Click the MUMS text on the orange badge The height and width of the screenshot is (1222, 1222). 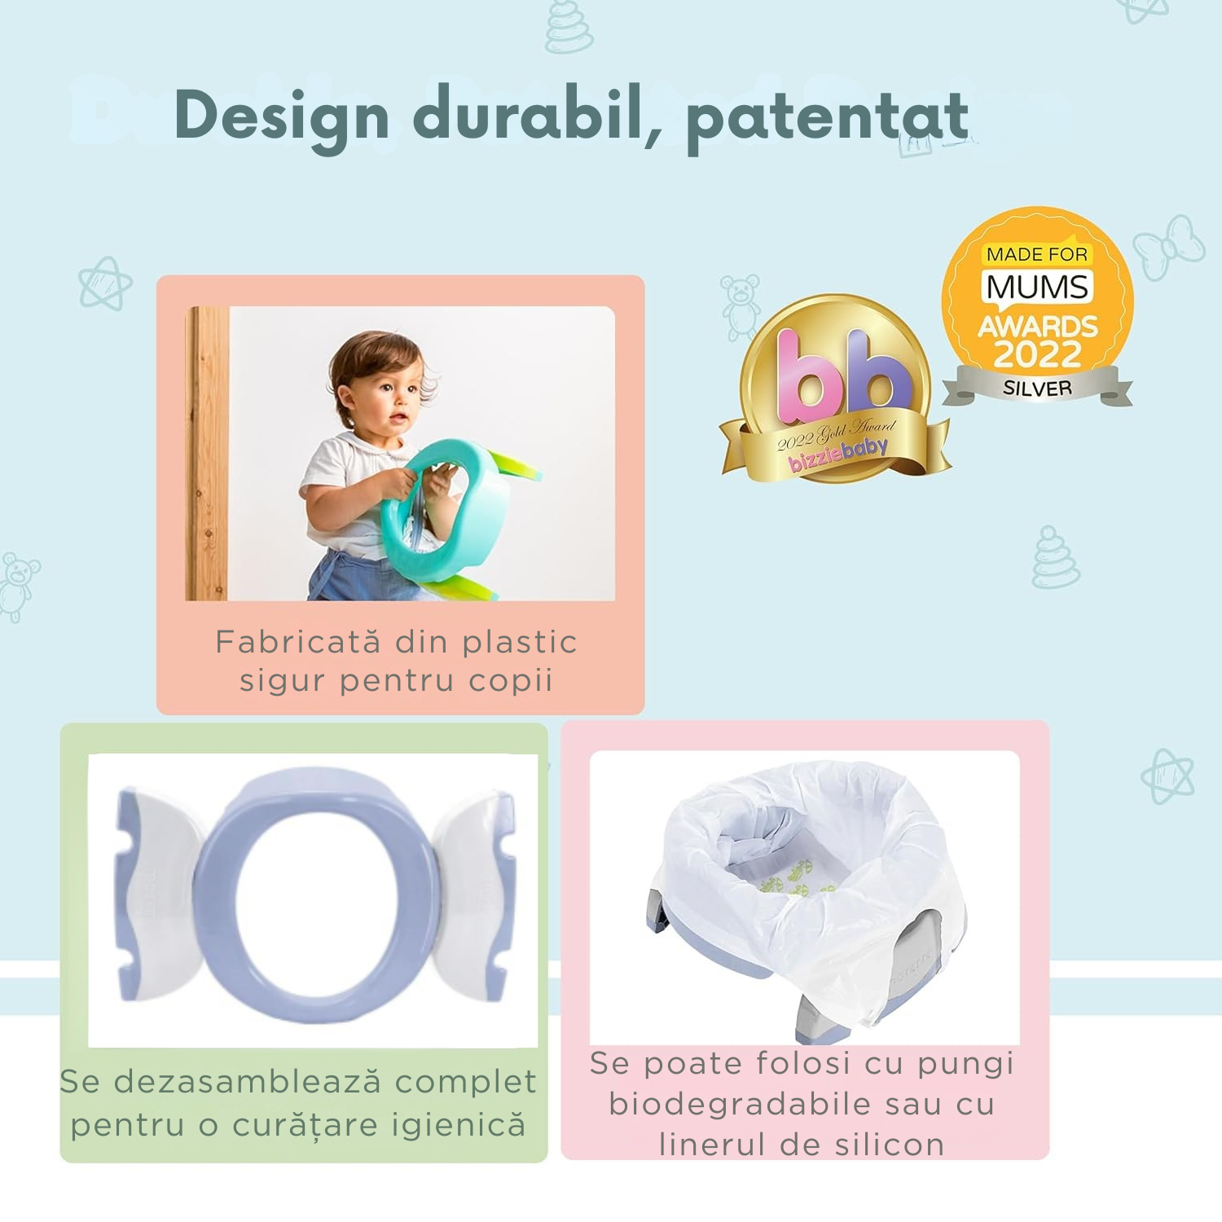click(1037, 287)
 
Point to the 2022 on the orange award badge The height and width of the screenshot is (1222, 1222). click(1037, 354)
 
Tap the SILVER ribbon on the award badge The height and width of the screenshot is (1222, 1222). click(1037, 387)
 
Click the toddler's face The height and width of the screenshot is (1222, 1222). click(389, 399)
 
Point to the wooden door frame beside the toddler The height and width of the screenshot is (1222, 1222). click(207, 454)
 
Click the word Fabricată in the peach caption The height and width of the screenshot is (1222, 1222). click(298, 643)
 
